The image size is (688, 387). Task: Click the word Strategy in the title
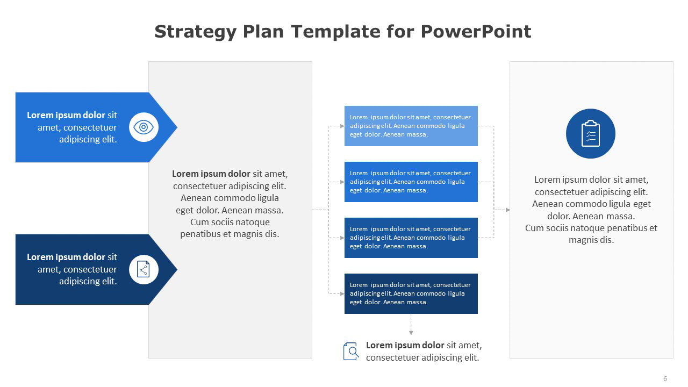(195, 32)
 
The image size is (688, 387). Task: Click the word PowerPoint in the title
(476, 31)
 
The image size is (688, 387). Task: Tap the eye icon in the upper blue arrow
(144, 127)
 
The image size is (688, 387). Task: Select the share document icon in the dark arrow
(144, 269)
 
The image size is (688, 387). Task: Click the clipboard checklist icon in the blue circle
(590, 134)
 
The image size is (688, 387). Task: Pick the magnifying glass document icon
(351, 351)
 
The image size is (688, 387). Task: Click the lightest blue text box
(411, 126)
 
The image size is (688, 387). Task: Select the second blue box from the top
(411, 182)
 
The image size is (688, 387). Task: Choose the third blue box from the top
(411, 238)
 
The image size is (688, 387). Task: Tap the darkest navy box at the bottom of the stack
(411, 293)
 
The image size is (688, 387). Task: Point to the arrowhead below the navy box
(411, 333)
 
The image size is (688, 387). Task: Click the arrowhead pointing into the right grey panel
(508, 210)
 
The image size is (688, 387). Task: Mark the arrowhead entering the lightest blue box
(342, 126)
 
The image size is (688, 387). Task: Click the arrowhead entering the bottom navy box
(342, 293)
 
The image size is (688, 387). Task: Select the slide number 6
(665, 379)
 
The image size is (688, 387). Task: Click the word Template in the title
(336, 31)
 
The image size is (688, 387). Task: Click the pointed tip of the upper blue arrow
(177, 127)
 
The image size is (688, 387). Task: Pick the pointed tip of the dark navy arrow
(177, 269)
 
